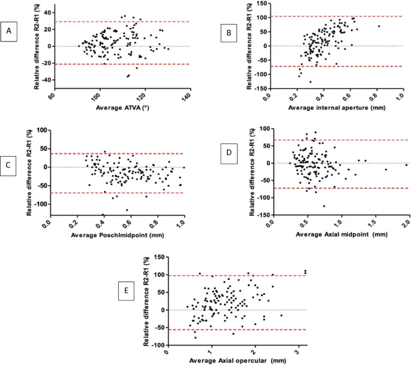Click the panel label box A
(x=9, y=32)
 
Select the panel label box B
(x=229, y=33)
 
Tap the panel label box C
(x=8, y=166)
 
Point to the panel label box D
(x=229, y=154)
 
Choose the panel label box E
(x=127, y=291)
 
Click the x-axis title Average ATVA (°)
(x=122, y=107)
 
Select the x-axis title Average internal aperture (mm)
(x=337, y=107)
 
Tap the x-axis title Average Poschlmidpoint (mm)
(x=118, y=235)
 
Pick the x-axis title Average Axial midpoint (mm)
(x=341, y=234)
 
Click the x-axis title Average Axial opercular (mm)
(x=238, y=361)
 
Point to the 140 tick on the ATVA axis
(x=187, y=97)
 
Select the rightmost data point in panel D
(x=407, y=165)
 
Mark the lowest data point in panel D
(x=324, y=206)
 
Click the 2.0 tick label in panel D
(x=406, y=224)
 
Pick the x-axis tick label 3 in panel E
(x=297, y=352)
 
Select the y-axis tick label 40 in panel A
(x=48, y=13)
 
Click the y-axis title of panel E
(x=146, y=301)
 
